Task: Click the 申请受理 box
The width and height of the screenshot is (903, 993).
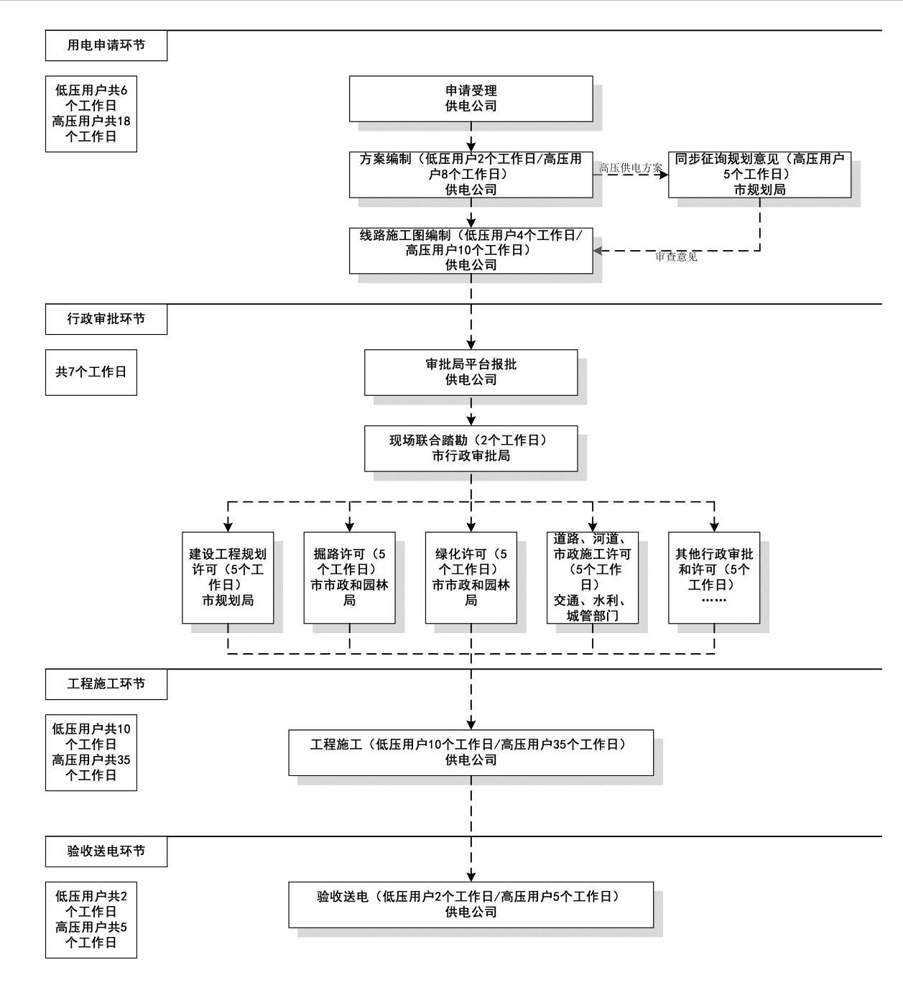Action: pos(471,98)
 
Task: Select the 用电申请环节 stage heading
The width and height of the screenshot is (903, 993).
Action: pos(106,45)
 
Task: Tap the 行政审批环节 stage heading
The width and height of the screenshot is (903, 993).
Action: pos(106,319)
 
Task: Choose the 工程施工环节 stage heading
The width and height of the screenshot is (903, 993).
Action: pos(106,684)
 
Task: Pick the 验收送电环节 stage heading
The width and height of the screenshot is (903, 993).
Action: pos(106,851)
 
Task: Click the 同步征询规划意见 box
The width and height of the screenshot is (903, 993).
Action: pos(759,175)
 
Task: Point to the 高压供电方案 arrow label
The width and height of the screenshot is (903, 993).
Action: pos(631,168)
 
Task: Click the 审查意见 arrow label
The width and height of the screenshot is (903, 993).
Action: pos(675,257)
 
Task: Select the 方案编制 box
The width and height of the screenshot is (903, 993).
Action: pos(471,175)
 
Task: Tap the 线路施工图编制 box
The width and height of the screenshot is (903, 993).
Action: pos(471,250)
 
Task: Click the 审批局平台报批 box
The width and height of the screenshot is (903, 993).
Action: pos(471,372)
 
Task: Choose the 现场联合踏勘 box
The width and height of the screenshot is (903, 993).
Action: pos(471,448)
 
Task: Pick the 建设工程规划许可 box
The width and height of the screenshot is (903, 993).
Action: pos(228,577)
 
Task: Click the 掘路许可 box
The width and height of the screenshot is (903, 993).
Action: pos(349,577)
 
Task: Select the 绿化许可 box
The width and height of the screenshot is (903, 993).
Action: pos(471,577)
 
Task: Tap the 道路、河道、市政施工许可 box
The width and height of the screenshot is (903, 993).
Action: pos(593,577)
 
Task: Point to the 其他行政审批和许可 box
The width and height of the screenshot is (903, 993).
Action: pos(714,577)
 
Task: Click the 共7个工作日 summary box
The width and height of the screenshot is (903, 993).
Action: pos(91,372)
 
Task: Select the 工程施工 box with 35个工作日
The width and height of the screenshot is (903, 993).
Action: pos(471,752)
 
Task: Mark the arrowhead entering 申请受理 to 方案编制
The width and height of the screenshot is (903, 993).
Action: pos(471,146)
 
